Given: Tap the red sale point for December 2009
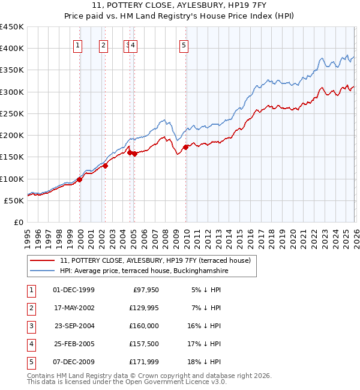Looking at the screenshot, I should click(185, 147).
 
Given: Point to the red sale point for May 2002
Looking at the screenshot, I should click(105, 166).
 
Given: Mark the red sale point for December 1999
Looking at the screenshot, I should click(79, 179).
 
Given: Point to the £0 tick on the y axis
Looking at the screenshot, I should click(18, 223).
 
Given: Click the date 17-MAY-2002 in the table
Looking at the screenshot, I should click(73, 308).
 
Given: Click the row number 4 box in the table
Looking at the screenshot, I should click(31, 344).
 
